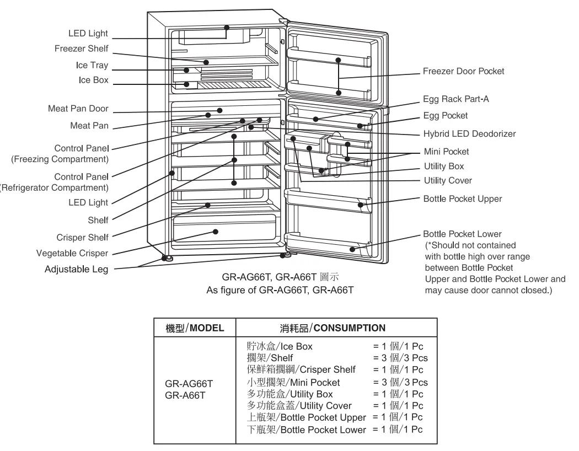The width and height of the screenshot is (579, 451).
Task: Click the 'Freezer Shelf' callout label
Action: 82,49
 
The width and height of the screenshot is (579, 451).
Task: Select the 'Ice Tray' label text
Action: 92,65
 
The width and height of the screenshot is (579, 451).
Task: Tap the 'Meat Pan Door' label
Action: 78,109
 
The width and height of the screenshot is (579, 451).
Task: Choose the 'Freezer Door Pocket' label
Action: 463,71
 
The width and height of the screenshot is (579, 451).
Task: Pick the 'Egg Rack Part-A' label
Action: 455,99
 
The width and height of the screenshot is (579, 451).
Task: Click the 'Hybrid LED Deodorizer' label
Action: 469,133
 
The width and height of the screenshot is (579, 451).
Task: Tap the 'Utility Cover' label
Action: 447,180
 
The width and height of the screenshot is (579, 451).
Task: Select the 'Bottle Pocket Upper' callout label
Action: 462,198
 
